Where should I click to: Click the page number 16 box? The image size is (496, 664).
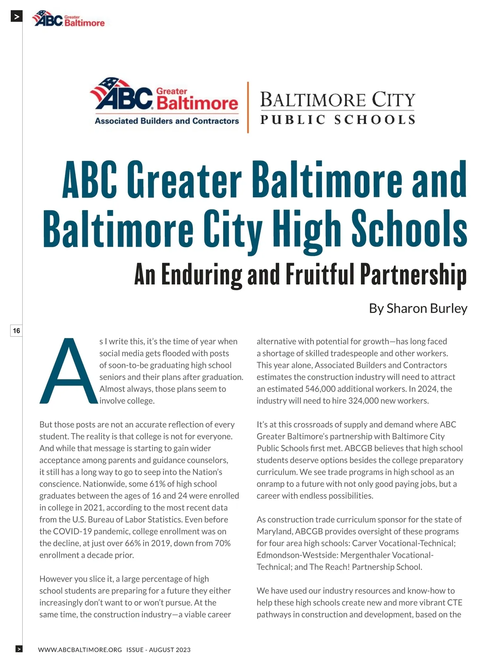pyautogui.click(x=16, y=331)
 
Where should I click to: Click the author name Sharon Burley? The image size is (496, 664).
pyautogui.click(x=427, y=308)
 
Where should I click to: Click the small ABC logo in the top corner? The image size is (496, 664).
pyautogui.click(x=69, y=19)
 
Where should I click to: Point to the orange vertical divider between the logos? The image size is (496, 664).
pyautogui.click(x=248, y=107)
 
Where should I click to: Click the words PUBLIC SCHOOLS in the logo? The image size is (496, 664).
pyautogui.click(x=338, y=120)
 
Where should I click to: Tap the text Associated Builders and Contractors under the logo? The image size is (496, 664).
pyautogui.click(x=167, y=121)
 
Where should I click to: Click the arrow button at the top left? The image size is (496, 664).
pyautogui.click(x=16, y=17)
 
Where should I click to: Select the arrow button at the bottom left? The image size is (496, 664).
pyautogui.click(x=19, y=649)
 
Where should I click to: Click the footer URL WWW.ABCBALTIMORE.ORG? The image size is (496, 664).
pyautogui.click(x=80, y=650)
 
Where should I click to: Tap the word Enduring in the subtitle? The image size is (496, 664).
pyautogui.click(x=201, y=275)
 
